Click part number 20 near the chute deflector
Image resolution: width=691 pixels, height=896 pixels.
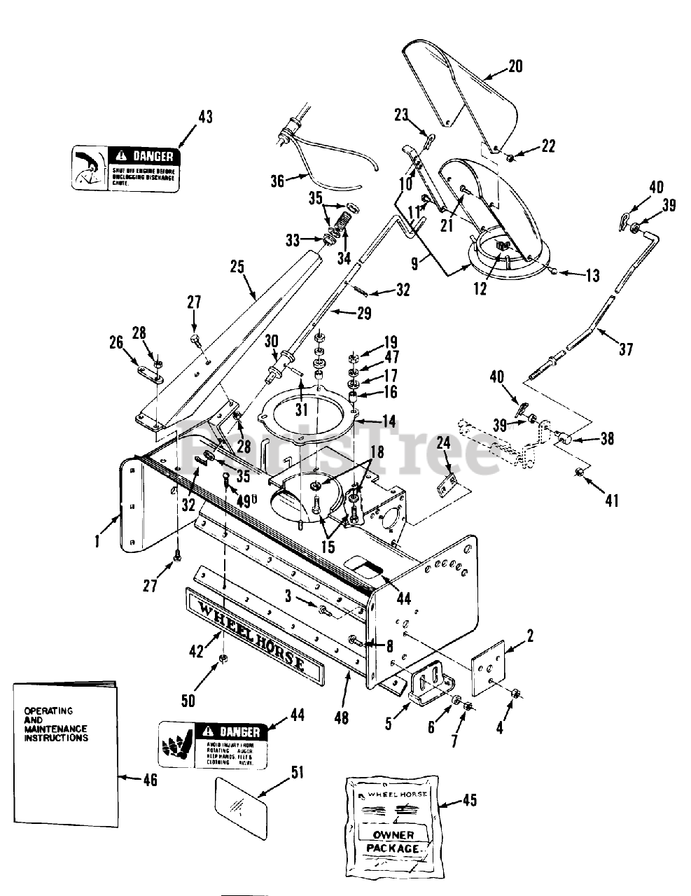coord(515,66)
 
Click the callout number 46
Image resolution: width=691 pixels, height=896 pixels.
coord(149,779)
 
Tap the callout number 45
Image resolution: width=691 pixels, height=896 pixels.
coord(470,799)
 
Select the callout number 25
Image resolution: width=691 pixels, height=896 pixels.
coord(237,267)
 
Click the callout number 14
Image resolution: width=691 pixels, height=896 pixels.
coord(388,421)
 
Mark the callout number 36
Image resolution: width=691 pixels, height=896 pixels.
coord(277,181)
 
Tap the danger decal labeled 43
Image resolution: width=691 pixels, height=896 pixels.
coord(125,168)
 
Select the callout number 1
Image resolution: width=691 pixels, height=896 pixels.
coord(97,540)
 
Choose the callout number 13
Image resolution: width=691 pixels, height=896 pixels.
coord(592,275)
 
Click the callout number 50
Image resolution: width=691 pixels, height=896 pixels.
coord(188,699)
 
